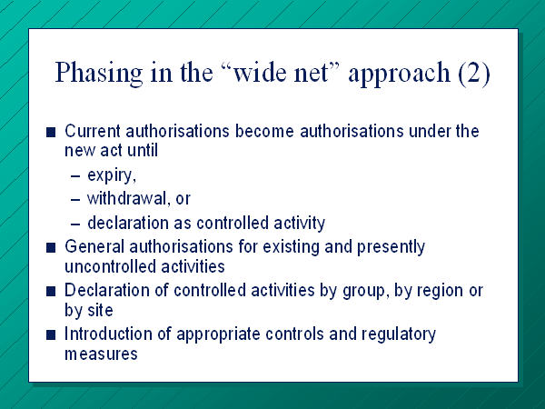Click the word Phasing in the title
pyautogui.click(x=99, y=73)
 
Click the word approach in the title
pyautogui.click(x=400, y=74)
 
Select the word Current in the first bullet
pyautogui.click(x=93, y=131)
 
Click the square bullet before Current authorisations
pyautogui.click(x=51, y=132)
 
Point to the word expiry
pyautogui.click(x=112, y=175)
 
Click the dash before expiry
pyautogui.click(x=75, y=176)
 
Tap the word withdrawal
pyautogui.click(x=129, y=198)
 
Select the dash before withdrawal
pyautogui.click(x=75, y=200)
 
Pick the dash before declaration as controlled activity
pyautogui.click(x=75, y=224)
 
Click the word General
pyautogui.click(x=94, y=246)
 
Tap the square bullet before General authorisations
pyautogui.click(x=51, y=247)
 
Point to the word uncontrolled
pyautogui.click(x=110, y=266)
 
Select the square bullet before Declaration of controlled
pyautogui.click(x=51, y=291)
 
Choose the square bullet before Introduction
pyautogui.click(x=51, y=334)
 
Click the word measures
pyautogui.click(x=101, y=354)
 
